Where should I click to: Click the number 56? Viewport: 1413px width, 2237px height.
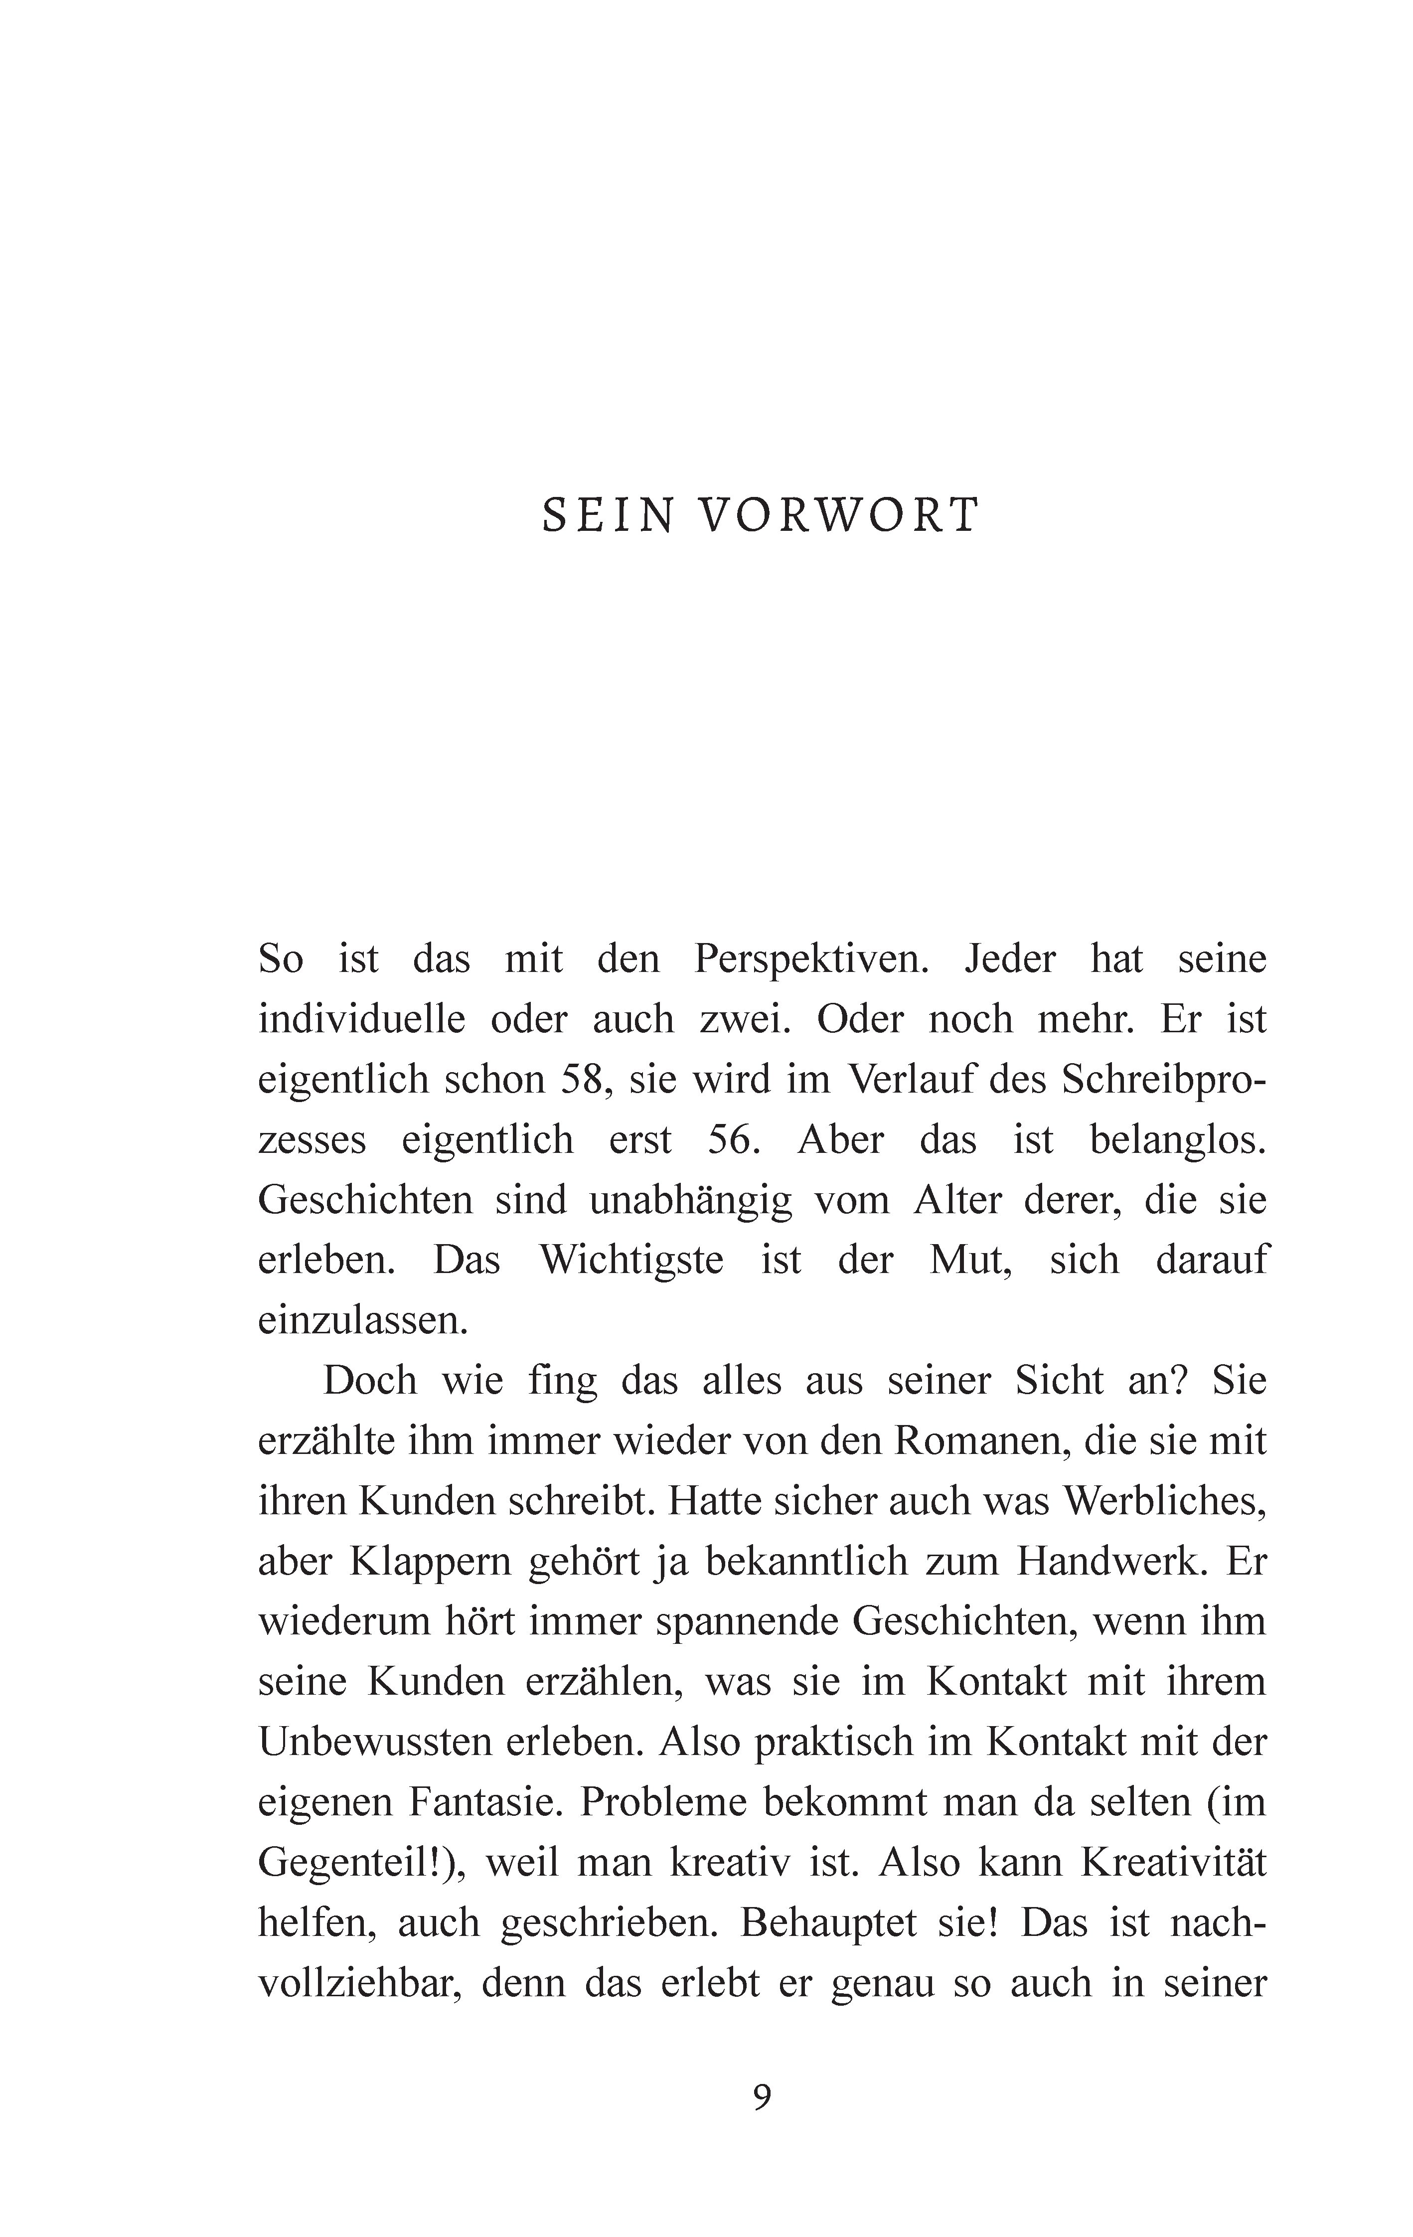734,1140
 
